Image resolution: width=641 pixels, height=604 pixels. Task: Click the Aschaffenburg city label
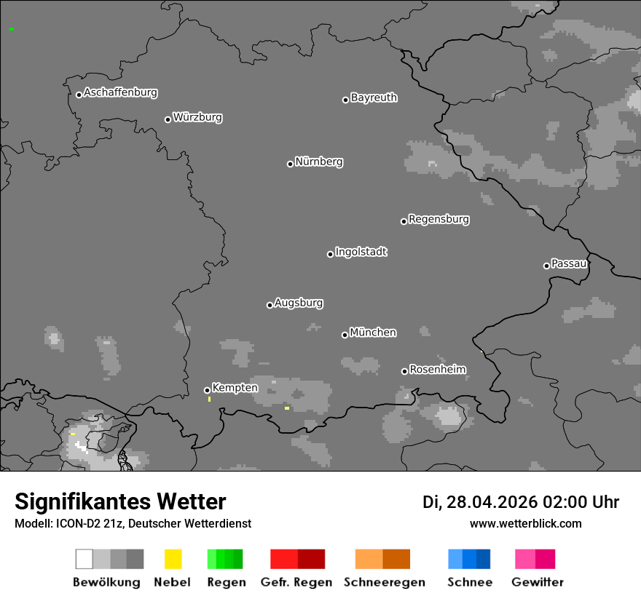(x=120, y=92)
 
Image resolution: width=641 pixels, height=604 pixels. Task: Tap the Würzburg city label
(x=197, y=117)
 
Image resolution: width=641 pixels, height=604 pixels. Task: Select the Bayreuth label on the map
(x=374, y=98)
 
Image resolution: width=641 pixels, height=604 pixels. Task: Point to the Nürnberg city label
(x=319, y=162)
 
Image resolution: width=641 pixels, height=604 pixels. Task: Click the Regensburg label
(x=439, y=219)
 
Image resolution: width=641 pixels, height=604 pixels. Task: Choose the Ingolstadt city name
(x=361, y=252)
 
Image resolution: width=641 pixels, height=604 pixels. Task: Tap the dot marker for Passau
(x=546, y=266)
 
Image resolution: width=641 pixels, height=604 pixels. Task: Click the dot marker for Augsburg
(x=270, y=305)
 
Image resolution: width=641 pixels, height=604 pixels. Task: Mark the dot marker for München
(x=345, y=335)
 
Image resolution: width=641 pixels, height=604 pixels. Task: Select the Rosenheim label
(x=438, y=370)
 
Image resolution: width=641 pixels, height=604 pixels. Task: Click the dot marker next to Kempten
(x=207, y=390)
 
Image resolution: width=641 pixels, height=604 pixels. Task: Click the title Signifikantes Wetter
(x=120, y=501)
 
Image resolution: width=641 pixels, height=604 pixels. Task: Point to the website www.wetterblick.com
(x=526, y=523)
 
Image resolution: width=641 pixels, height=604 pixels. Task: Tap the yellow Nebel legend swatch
(x=173, y=559)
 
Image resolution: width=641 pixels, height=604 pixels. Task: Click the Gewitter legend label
(x=538, y=582)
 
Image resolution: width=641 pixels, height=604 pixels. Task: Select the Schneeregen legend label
(x=384, y=582)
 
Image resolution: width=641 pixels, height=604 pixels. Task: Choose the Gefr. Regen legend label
(x=296, y=582)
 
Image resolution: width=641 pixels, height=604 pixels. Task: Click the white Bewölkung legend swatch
(x=84, y=559)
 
